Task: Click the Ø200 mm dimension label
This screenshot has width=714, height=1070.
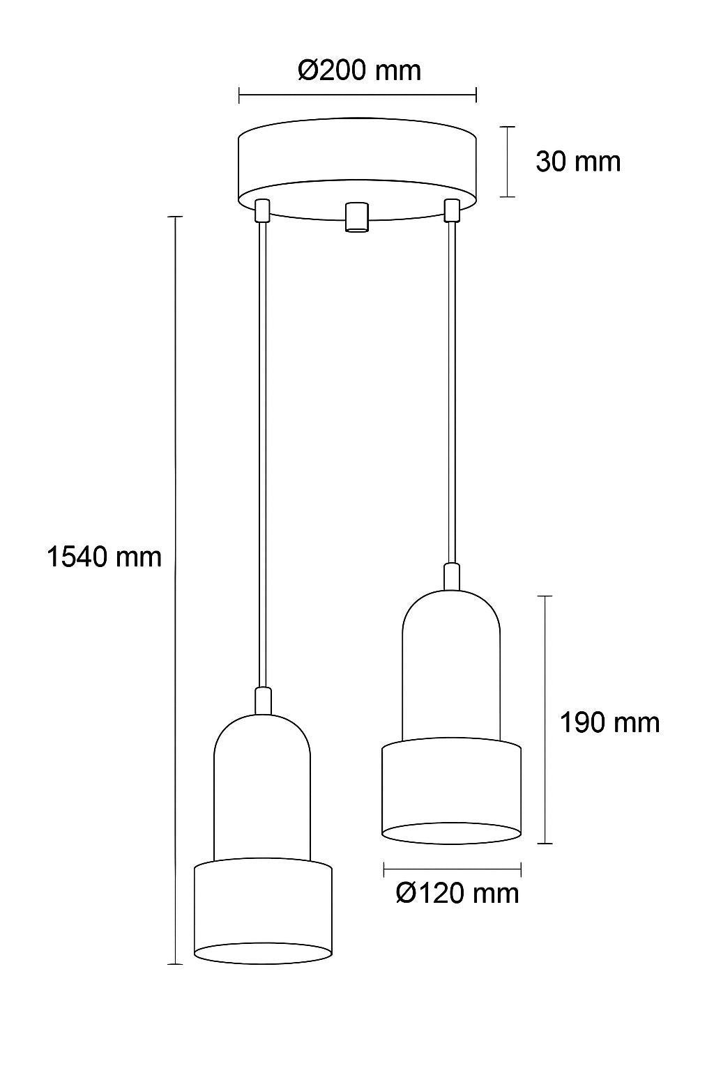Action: pyautogui.click(x=359, y=70)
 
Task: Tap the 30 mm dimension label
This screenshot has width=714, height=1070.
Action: pyautogui.click(x=577, y=162)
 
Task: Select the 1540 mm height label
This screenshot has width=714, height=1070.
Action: pyautogui.click(x=104, y=557)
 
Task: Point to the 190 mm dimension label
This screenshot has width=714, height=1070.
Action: pyautogui.click(x=609, y=722)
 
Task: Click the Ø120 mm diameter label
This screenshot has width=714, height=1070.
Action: pyautogui.click(x=457, y=892)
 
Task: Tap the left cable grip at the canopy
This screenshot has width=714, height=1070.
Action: pyautogui.click(x=262, y=210)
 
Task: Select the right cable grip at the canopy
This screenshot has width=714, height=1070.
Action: pyautogui.click(x=452, y=210)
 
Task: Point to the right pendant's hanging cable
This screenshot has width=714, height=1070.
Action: pyautogui.click(x=452, y=390)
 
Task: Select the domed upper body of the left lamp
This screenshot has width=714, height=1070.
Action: pyautogui.click(x=262, y=787)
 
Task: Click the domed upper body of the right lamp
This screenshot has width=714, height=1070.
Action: pyautogui.click(x=452, y=662)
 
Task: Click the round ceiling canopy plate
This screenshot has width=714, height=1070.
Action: pyautogui.click(x=357, y=160)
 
